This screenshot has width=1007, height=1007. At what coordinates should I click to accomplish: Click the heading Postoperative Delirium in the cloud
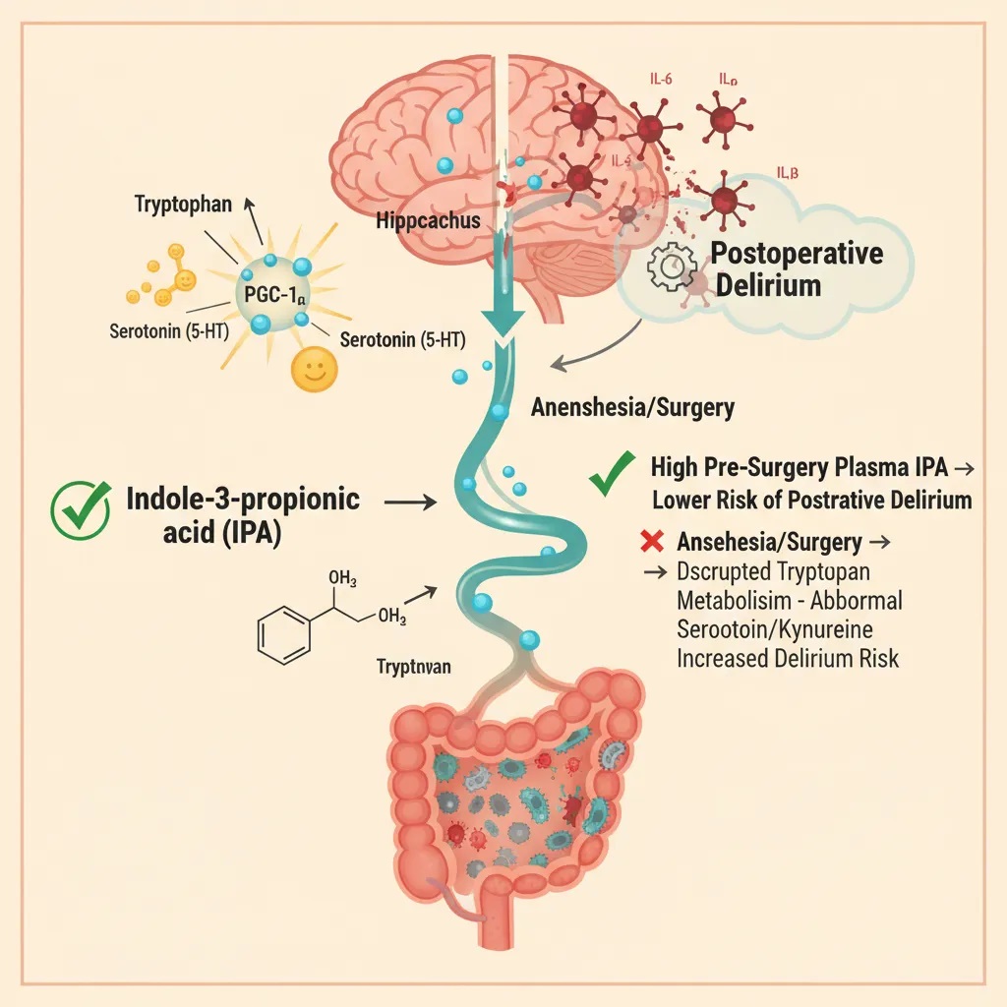pyautogui.click(x=797, y=269)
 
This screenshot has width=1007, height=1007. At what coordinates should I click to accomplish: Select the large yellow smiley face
pyautogui.click(x=315, y=369)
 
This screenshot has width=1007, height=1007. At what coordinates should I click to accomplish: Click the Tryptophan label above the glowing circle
pyautogui.click(x=185, y=205)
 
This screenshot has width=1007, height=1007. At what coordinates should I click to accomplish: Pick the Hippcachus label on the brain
pyautogui.click(x=428, y=219)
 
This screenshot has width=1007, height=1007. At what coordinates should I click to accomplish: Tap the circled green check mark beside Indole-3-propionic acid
pyautogui.click(x=80, y=511)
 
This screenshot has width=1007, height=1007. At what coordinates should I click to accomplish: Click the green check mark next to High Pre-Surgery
pyautogui.click(x=611, y=475)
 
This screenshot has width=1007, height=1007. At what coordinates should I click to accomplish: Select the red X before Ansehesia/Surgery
pyautogui.click(x=648, y=542)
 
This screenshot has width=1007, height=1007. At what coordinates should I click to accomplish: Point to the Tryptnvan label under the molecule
pyautogui.click(x=414, y=667)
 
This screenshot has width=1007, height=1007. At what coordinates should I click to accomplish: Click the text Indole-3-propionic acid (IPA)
pyautogui.click(x=243, y=512)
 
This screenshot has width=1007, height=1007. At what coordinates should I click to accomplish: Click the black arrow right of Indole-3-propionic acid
pyautogui.click(x=409, y=502)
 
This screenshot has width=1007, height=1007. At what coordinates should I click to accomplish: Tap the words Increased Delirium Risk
pyautogui.click(x=787, y=658)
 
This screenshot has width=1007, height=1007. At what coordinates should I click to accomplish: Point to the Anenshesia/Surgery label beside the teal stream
pyautogui.click(x=632, y=407)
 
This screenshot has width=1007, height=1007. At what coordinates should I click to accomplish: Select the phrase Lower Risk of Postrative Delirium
pyautogui.click(x=811, y=500)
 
